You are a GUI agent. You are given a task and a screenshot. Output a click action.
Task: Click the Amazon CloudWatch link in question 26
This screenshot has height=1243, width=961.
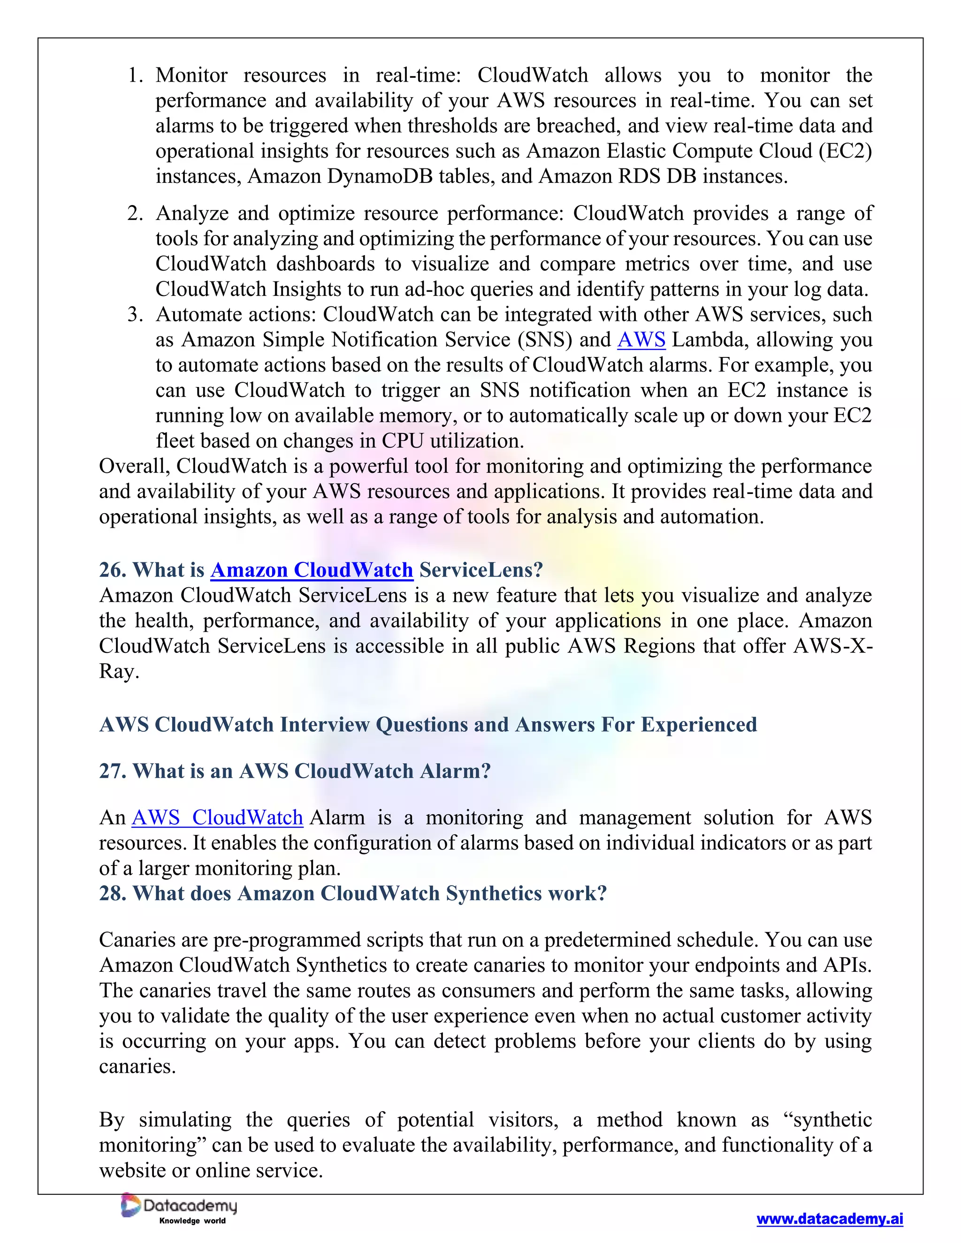click(x=312, y=570)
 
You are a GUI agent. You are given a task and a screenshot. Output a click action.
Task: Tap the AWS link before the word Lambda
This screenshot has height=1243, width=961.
click(x=641, y=340)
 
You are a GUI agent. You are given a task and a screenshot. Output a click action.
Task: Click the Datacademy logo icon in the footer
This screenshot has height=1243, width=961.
click(x=131, y=1205)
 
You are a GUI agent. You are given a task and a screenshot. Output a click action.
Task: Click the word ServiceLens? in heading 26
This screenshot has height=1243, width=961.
click(x=481, y=570)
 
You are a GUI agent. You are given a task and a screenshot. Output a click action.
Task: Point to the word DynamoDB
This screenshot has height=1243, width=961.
click(x=380, y=176)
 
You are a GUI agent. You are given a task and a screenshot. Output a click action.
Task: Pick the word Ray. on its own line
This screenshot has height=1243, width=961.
click(x=119, y=672)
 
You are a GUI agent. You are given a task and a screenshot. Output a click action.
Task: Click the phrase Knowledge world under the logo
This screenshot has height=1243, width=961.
click(x=192, y=1221)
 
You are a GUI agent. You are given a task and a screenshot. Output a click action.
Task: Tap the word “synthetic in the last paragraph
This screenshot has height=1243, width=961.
click(x=827, y=1120)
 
